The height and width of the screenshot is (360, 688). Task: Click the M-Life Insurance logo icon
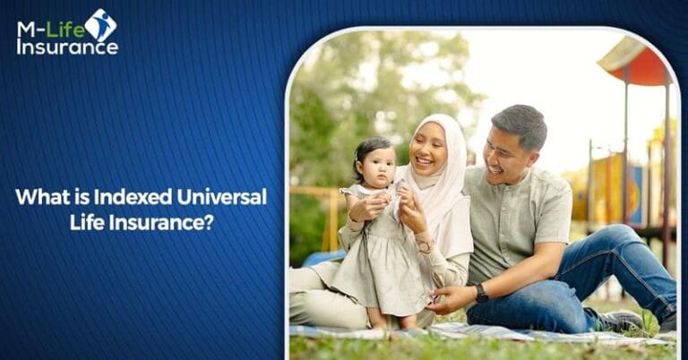pos(100,24)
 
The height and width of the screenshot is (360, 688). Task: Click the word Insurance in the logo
pos(66,47)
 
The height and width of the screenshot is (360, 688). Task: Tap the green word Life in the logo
pos(67,28)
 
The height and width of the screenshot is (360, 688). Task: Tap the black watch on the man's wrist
pos(482,292)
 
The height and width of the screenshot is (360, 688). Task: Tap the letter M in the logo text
pos(28,28)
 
